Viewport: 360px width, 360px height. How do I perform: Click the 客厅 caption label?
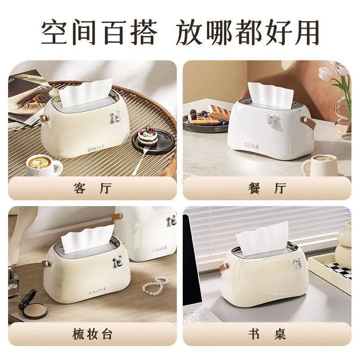[93, 188]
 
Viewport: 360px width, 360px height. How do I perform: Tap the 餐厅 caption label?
[267, 188]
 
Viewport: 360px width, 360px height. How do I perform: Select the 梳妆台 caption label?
[92, 334]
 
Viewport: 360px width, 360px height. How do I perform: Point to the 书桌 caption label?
[267, 334]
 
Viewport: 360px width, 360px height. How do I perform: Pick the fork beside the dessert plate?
[140, 160]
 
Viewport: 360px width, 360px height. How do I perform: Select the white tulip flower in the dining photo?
[325, 73]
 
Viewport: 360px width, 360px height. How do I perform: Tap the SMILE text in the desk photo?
[278, 294]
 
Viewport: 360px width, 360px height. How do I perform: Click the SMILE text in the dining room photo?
[252, 145]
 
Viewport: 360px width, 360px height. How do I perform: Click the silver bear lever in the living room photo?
[115, 117]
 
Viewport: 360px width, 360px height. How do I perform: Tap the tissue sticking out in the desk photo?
[262, 239]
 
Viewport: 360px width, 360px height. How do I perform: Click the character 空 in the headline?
[54, 32]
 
